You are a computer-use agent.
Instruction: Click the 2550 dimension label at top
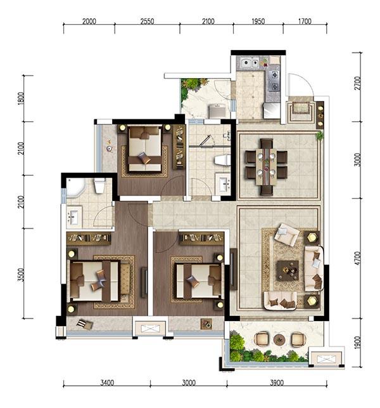click(x=148, y=21)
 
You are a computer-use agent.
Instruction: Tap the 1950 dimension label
click(x=258, y=21)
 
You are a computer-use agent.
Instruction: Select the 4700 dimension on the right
click(x=358, y=258)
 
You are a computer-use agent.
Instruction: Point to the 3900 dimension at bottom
click(x=277, y=383)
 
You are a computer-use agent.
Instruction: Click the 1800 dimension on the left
click(x=21, y=98)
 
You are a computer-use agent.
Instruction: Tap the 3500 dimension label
click(x=21, y=275)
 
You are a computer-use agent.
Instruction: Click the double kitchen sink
click(x=250, y=63)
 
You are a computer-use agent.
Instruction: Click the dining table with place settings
click(x=266, y=167)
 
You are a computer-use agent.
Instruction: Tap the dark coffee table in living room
click(x=288, y=270)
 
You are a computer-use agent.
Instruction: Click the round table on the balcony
click(x=279, y=339)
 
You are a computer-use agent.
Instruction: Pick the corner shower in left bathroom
click(x=75, y=187)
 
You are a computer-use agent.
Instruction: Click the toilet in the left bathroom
click(x=99, y=185)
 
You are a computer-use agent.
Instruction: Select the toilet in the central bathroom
click(x=222, y=160)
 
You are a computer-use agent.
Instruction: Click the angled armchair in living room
click(x=286, y=234)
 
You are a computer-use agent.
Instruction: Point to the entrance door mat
click(x=301, y=108)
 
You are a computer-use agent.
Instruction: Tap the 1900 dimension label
click(x=358, y=343)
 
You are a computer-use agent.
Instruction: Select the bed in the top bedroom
click(x=145, y=148)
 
